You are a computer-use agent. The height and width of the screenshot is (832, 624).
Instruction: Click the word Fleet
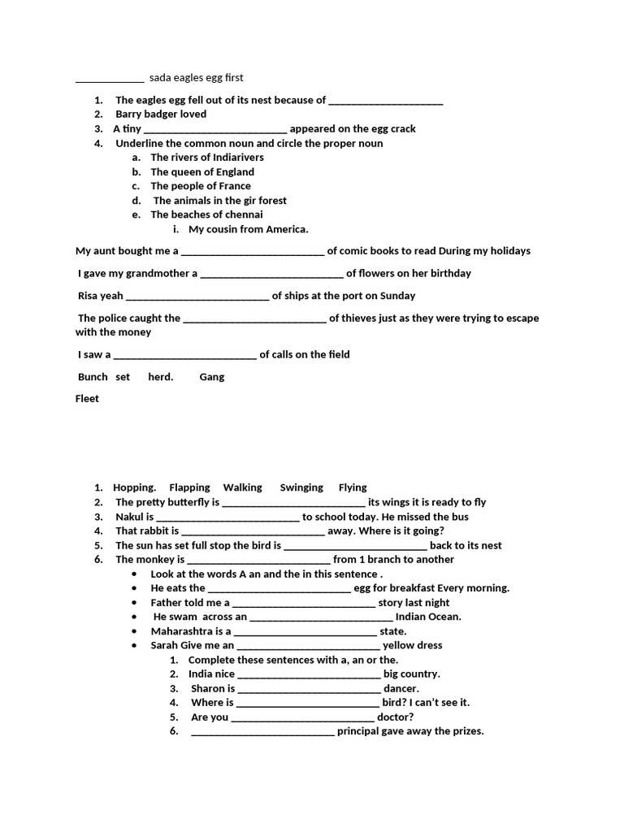pos(87,399)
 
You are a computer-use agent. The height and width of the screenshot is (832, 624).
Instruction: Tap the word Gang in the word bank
pos(212,377)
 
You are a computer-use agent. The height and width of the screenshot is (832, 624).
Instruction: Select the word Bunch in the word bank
pos(93,377)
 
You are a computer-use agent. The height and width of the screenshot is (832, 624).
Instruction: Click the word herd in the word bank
pos(159,377)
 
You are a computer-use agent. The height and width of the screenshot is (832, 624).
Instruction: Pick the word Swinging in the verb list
pos(301,487)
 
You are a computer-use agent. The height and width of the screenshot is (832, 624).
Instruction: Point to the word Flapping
pos(189,487)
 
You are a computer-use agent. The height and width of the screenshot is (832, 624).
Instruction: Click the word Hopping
pos(134,487)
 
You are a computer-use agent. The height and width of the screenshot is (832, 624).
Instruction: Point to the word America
pos(287,229)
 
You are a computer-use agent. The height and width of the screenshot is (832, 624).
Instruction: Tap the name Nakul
pos(129,517)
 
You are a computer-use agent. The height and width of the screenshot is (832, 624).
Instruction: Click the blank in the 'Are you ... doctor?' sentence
pos(303,717)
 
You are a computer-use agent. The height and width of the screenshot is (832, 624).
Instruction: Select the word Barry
pos(130,115)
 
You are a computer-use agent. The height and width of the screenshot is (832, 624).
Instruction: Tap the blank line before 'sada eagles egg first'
pos(110,79)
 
